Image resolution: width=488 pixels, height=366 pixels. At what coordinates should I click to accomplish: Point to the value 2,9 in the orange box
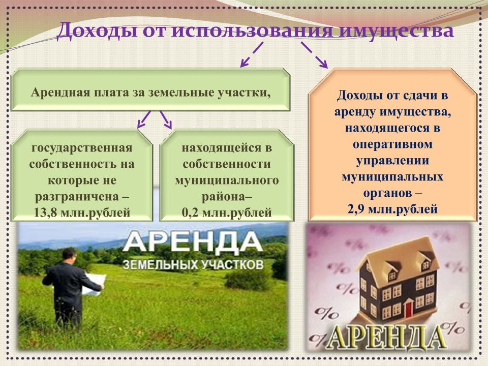[x=356, y=209]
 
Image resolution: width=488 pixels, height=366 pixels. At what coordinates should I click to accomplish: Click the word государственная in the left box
[x=82, y=148]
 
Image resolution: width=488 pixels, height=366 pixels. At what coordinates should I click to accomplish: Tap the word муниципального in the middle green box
[x=227, y=180]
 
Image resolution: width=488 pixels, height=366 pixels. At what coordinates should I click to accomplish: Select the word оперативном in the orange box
[x=392, y=144]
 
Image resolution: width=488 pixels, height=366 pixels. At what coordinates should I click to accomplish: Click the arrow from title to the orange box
[x=314, y=55]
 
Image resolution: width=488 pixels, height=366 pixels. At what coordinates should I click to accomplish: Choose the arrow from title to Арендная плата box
[x=252, y=54]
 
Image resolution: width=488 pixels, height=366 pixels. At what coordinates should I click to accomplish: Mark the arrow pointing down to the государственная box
[x=144, y=119]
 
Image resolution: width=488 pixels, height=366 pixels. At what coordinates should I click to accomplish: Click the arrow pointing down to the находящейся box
[x=166, y=119]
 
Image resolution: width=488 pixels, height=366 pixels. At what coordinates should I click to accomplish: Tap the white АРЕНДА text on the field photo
[x=192, y=242]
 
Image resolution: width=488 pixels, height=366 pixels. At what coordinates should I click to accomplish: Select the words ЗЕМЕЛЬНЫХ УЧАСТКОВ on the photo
[x=193, y=265]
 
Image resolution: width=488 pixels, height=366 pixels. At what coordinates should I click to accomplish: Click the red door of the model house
[x=409, y=307]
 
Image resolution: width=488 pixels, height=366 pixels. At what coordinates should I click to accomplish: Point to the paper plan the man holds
[x=94, y=284]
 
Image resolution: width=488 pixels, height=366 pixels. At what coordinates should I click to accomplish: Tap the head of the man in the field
[x=69, y=256]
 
